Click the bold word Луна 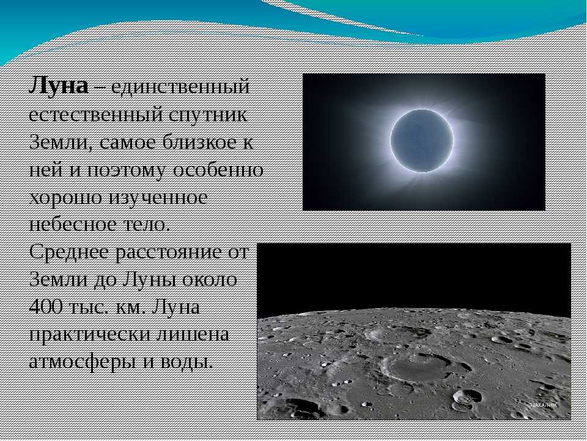pyautogui.click(x=59, y=86)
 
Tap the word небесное pyautogui.click(x=73, y=225)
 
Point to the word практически pyautogui.click(x=89, y=335)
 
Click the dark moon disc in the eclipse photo pyautogui.click(x=422, y=141)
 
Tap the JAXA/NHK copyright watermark pyautogui.click(x=542, y=405)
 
